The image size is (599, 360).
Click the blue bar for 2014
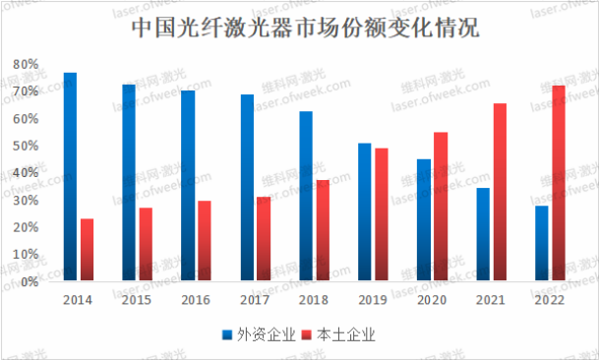pos(70,177)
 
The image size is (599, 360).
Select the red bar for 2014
pos(87,250)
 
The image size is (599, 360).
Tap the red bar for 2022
pos(558,183)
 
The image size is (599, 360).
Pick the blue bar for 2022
pos(541,243)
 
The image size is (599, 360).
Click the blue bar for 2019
pos(364,212)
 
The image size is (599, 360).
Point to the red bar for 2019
pos(381,214)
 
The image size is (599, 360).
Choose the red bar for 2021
pos(499,192)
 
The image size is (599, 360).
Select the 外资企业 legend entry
pos(259,333)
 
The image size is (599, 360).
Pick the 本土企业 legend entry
pos(339,333)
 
